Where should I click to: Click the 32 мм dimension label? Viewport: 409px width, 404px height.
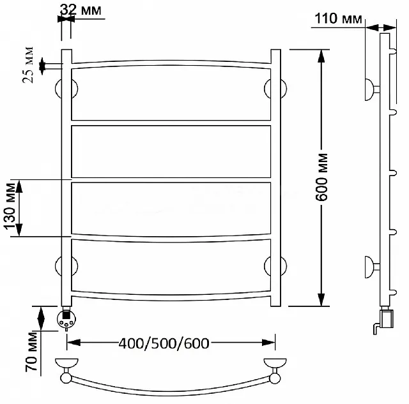click(81, 10)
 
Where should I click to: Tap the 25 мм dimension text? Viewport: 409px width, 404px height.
click(28, 65)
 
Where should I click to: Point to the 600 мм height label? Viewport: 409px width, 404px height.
click(321, 177)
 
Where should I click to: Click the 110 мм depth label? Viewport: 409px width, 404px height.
click(338, 19)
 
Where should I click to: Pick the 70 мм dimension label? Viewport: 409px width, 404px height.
click(31, 352)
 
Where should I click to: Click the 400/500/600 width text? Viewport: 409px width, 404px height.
click(164, 343)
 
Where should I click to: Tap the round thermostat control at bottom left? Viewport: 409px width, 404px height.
click(66, 319)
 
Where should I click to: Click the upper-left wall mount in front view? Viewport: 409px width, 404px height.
click(66, 89)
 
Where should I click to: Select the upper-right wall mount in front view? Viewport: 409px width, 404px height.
click(275, 89)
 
